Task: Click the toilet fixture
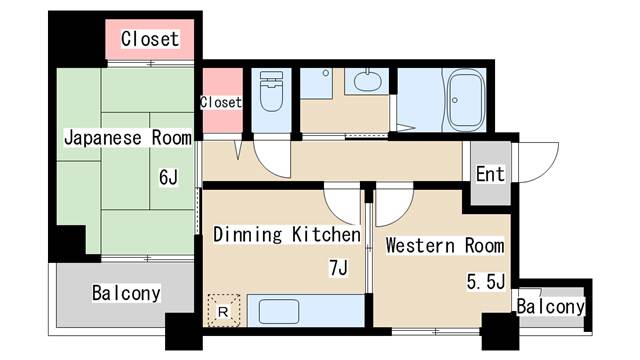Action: tap(271, 91)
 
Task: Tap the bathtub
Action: tap(466, 100)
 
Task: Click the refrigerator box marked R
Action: tap(223, 311)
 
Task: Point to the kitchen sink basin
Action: tap(279, 311)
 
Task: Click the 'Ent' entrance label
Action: tap(490, 174)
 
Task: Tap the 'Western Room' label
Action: tap(445, 246)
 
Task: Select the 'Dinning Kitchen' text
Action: tap(287, 235)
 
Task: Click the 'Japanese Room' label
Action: tap(128, 138)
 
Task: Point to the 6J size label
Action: tap(168, 177)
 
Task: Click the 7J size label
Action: tap(338, 268)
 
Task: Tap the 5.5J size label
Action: tap(486, 282)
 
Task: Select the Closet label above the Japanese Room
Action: tap(150, 39)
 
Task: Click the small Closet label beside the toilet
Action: tap(221, 102)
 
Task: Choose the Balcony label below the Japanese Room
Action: tap(126, 293)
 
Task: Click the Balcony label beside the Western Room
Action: tap(551, 306)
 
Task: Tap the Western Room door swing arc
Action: tap(402, 212)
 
